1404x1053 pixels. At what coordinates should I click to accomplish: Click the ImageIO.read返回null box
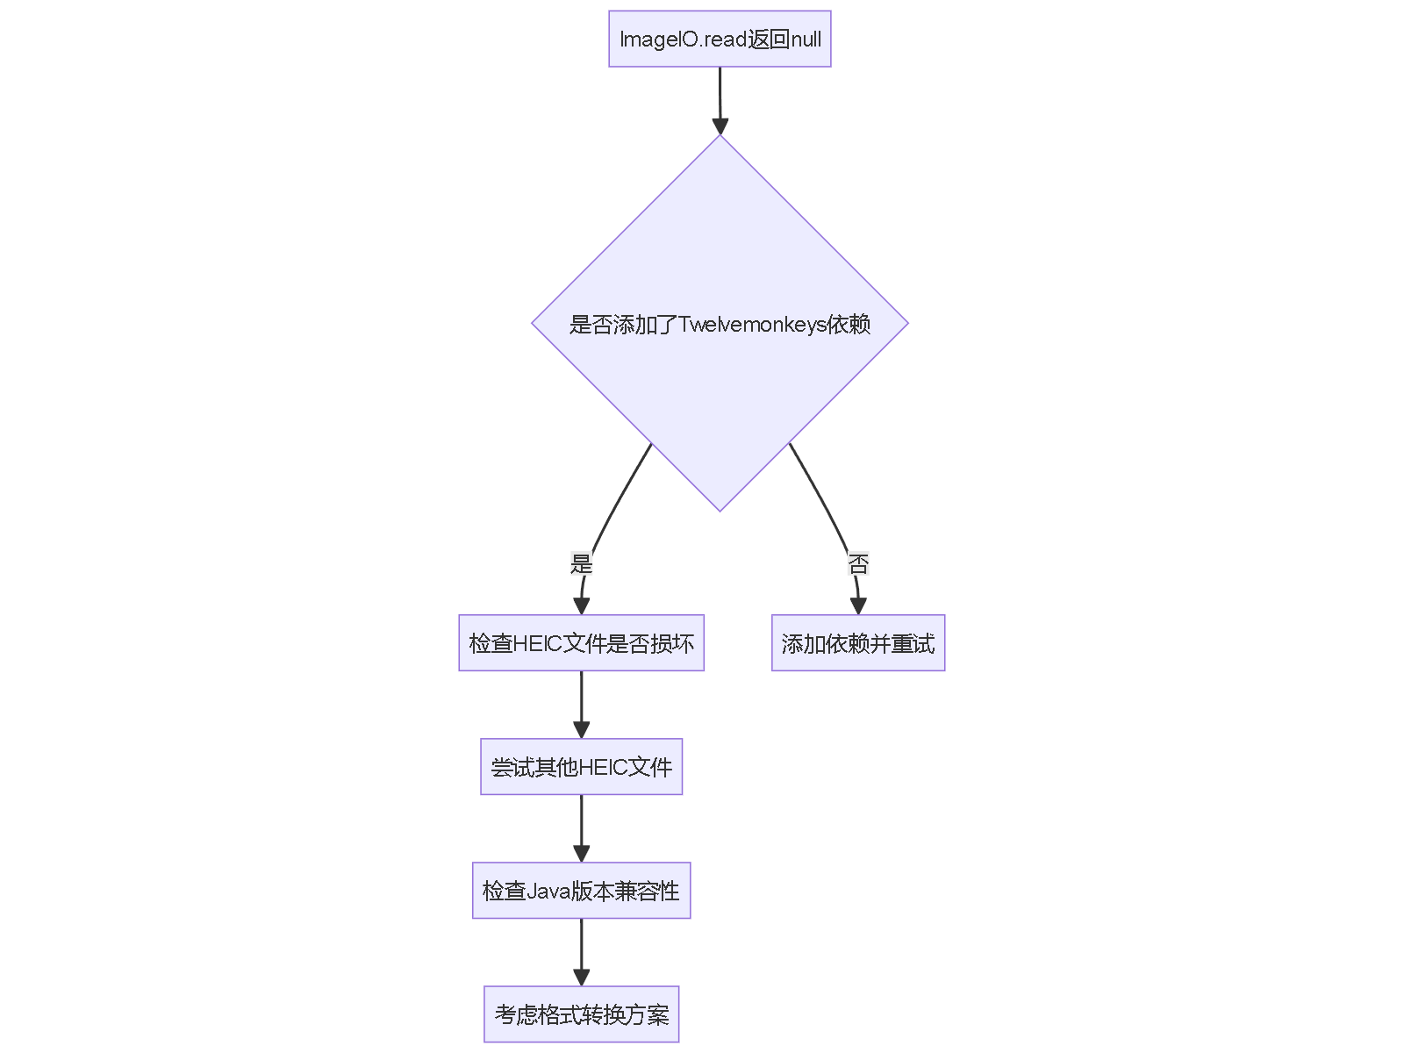720,39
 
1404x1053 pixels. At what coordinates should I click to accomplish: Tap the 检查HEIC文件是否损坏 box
581,643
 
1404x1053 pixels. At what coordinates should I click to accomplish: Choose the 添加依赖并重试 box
858,643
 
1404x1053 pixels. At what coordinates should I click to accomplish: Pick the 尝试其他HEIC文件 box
581,767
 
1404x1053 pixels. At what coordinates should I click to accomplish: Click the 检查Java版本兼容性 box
581,891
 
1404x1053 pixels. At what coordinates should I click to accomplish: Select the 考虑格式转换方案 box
581,1014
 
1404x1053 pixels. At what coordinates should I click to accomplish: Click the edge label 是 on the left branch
581,563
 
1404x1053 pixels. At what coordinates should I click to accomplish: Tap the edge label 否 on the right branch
858,563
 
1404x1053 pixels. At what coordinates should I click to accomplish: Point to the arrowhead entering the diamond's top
720,126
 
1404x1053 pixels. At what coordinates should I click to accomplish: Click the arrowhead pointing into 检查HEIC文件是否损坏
581,605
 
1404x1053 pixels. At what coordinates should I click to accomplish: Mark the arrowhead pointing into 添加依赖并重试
858,605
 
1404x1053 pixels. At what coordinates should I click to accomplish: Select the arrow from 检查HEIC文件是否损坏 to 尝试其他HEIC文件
581,702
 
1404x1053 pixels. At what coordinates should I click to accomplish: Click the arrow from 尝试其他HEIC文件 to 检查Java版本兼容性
581,826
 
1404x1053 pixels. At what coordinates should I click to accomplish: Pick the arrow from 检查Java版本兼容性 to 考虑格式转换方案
581,949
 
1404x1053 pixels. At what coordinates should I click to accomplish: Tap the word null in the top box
806,39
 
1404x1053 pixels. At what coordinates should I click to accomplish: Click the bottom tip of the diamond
720,510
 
